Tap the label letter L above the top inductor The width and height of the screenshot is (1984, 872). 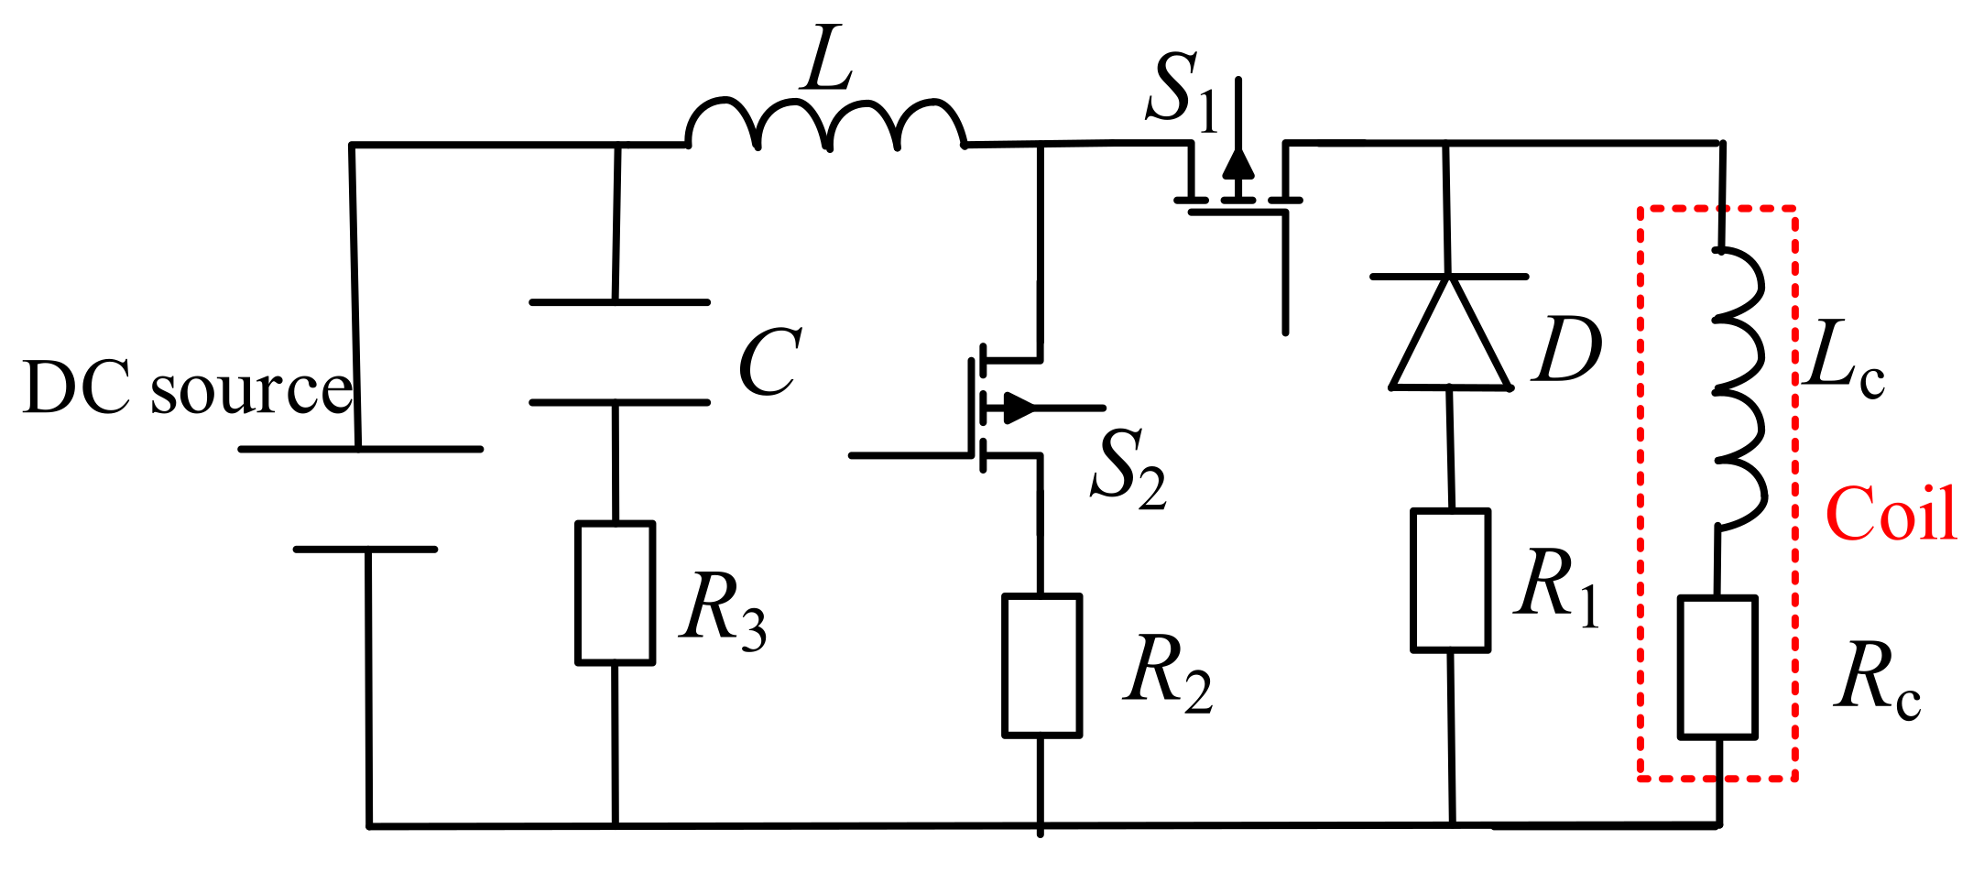[x=827, y=60]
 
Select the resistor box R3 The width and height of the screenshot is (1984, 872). [x=615, y=593]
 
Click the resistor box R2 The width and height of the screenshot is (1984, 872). [x=1041, y=665]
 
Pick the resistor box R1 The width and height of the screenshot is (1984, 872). [x=1450, y=581]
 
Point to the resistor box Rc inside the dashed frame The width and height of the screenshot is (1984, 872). [x=1717, y=667]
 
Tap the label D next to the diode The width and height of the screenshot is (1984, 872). [x=1568, y=350]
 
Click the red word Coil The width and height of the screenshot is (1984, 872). [x=1891, y=515]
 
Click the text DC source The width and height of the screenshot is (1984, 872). [x=187, y=388]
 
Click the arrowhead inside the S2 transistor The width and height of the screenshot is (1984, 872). [x=1019, y=409]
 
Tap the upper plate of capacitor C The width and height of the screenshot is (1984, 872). [x=619, y=301]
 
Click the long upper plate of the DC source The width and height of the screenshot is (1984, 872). [x=360, y=449]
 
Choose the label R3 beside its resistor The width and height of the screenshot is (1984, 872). [x=722, y=610]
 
